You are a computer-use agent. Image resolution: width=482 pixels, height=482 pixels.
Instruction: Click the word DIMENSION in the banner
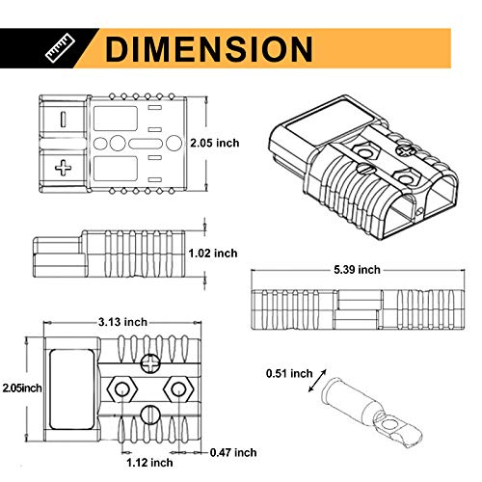[x=209, y=49]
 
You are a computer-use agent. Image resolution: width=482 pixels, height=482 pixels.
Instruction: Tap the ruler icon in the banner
[x=60, y=49]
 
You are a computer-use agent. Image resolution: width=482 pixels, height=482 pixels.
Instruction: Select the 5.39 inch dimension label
[x=357, y=270]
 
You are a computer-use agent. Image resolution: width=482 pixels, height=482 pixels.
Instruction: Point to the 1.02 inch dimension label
[x=213, y=254]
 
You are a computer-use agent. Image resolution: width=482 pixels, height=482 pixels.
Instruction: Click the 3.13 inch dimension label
[x=122, y=322]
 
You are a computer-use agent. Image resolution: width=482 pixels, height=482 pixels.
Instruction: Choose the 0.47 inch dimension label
[x=233, y=452]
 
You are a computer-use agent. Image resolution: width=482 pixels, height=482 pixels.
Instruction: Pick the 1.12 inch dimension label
[x=149, y=463]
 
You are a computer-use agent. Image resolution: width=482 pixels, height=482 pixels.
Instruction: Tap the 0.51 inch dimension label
[x=289, y=373]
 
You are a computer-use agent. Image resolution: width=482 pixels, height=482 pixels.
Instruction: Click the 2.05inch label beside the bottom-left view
[x=22, y=388]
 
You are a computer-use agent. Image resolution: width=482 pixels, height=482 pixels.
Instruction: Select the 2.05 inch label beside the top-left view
[x=215, y=143]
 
